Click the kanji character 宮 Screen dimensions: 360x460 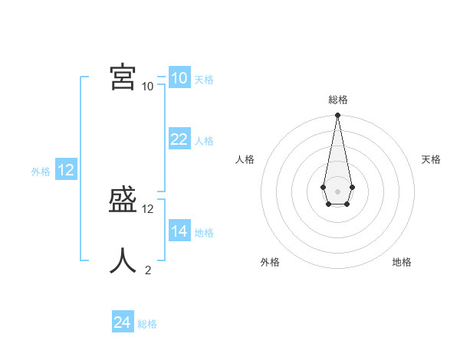coord(123,77)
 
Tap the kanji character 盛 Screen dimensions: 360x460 coord(123,201)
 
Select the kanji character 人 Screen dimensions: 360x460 coord(123,260)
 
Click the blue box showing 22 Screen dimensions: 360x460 coord(179,139)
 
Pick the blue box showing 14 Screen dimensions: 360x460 coord(179,231)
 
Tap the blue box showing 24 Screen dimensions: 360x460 coord(122,322)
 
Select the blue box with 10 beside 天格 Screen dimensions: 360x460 coord(179,77)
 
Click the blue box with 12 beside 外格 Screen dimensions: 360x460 coord(66,170)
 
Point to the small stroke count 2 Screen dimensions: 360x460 coord(148,270)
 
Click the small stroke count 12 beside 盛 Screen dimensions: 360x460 coord(148,208)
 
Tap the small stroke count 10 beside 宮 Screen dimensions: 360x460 coord(148,86)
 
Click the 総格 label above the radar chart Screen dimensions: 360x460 coord(338,100)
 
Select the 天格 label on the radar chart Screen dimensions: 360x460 coord(431,159)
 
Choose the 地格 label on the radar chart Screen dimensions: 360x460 coord(402,262)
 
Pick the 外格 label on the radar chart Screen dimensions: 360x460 coord(270,262)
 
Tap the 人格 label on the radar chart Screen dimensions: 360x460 coord(245,159)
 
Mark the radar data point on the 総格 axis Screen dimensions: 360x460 coord(337,116)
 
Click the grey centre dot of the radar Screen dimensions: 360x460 coord(337,191)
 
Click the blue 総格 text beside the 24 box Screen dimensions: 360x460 coord(147,324)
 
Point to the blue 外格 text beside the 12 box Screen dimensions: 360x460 coord(41,172)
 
